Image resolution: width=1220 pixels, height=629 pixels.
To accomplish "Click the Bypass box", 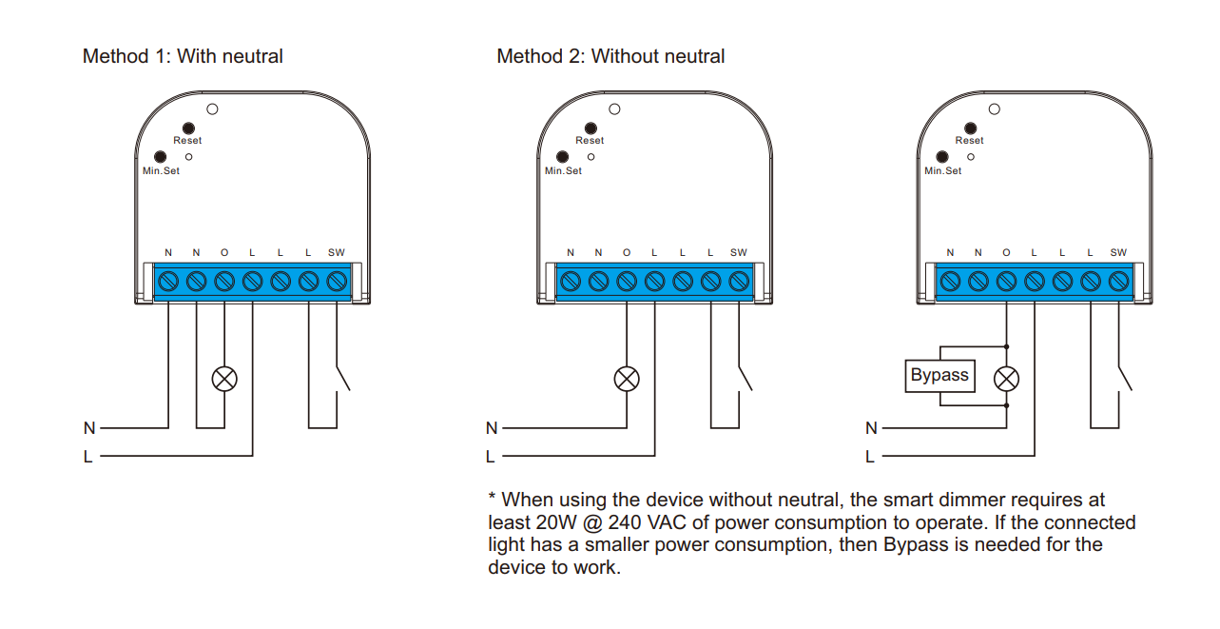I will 939,375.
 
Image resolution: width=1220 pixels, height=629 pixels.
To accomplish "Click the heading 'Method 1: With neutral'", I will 183,56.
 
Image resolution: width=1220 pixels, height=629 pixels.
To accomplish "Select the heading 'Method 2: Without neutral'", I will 610,56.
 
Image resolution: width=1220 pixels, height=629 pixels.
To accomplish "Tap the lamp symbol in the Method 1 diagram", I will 224,379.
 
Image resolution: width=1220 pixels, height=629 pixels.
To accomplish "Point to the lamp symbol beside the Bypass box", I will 1006,379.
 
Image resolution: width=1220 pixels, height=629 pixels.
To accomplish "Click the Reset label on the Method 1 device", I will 187,141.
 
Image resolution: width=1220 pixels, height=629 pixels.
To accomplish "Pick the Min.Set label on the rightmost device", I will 942,171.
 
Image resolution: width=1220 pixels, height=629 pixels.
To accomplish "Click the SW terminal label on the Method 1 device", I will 337,252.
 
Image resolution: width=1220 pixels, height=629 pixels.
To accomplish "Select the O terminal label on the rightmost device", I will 1006,252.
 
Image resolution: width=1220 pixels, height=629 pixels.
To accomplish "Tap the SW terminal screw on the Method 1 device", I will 337,282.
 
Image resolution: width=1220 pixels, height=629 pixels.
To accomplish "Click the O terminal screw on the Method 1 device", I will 224,282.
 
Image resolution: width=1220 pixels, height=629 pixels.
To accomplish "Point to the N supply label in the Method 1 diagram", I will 89,428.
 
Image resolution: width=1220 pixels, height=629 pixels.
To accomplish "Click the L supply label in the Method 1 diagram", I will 88,457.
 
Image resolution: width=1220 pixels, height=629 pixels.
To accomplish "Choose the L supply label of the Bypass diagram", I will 870,457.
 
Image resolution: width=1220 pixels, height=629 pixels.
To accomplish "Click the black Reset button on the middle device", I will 591,128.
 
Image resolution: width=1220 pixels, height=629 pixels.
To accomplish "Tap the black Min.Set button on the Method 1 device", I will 160,157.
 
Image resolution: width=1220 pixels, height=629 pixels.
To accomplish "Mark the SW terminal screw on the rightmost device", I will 1119,282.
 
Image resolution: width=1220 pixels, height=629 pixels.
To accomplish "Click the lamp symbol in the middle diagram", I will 626,379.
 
